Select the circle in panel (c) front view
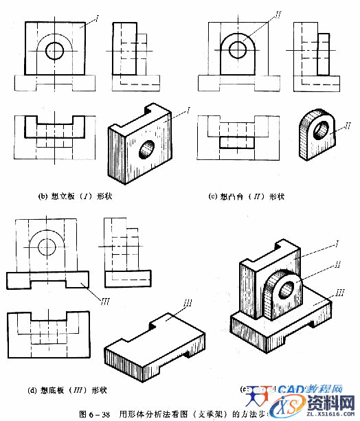pos(238,49)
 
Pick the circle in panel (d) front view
pos(47,246)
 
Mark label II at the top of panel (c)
pos(260,12)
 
